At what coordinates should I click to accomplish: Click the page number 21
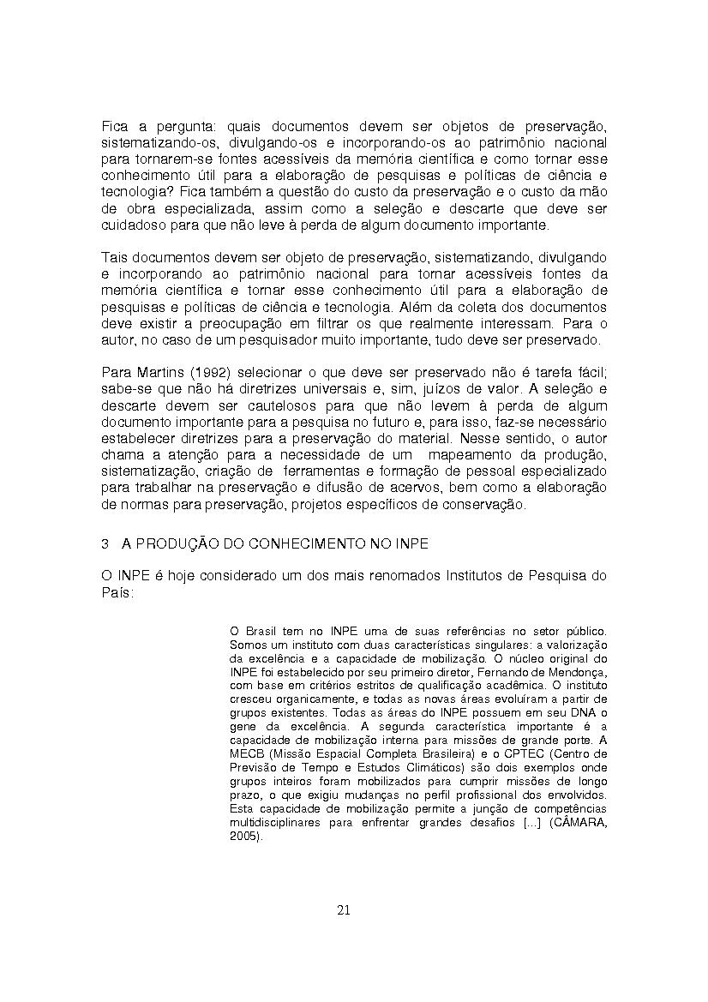click(343, 910)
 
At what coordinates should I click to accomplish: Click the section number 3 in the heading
click(105, 544)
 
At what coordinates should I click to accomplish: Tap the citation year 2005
click(244, 836)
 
